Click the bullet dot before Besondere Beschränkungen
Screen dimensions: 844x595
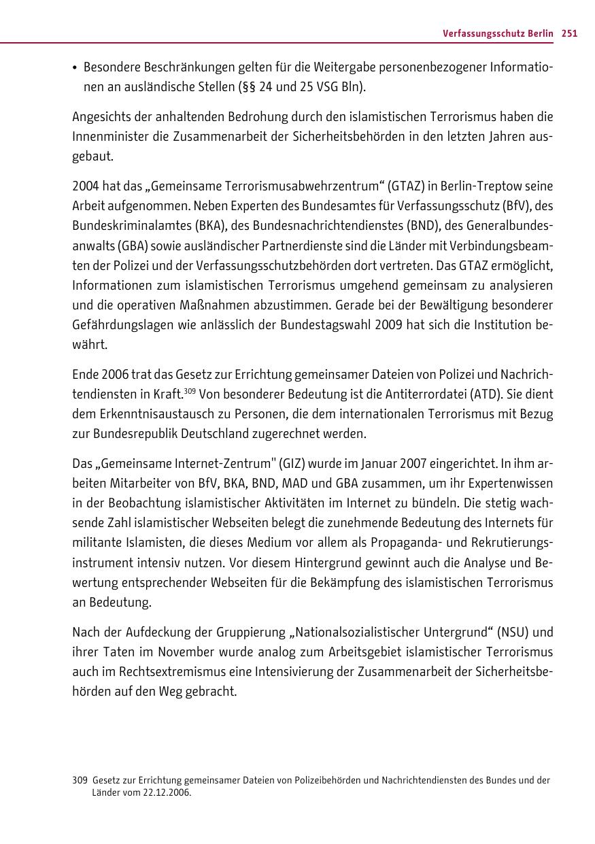coord(75,68)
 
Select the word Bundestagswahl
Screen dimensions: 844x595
coord(317,324)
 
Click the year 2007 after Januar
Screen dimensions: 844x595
coord(407,465)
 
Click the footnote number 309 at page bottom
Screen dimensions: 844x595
coord(80,781)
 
